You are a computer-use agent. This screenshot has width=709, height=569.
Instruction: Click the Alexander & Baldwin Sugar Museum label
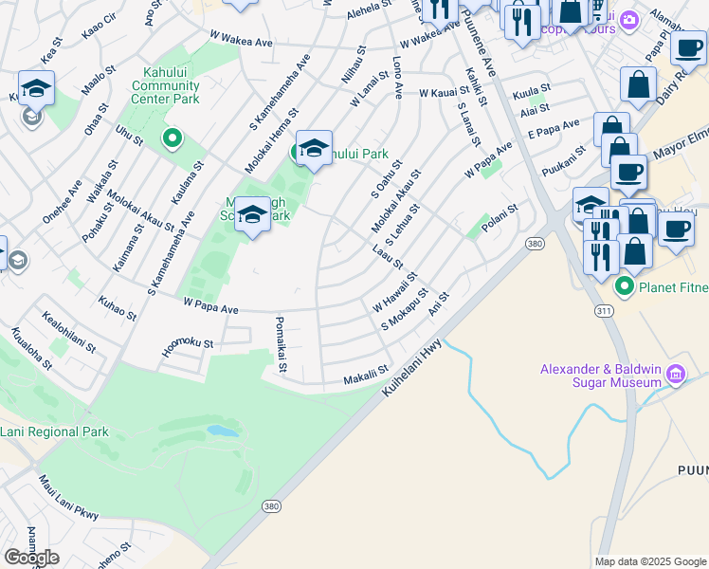tap(600, 375)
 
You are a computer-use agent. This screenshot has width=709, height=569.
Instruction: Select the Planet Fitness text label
tap(670, 285)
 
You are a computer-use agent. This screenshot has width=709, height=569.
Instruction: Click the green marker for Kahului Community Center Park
tap(172, 139)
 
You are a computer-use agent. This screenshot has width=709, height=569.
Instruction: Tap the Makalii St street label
tap(367, 376)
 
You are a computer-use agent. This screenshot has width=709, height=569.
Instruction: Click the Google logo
tap(31, 558)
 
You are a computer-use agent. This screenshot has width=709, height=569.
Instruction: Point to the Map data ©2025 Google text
tap(649, 561)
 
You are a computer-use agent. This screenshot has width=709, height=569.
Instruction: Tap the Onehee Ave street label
tap(56, 201)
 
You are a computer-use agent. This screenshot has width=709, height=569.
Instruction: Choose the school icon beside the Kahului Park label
tap(314, 149)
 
